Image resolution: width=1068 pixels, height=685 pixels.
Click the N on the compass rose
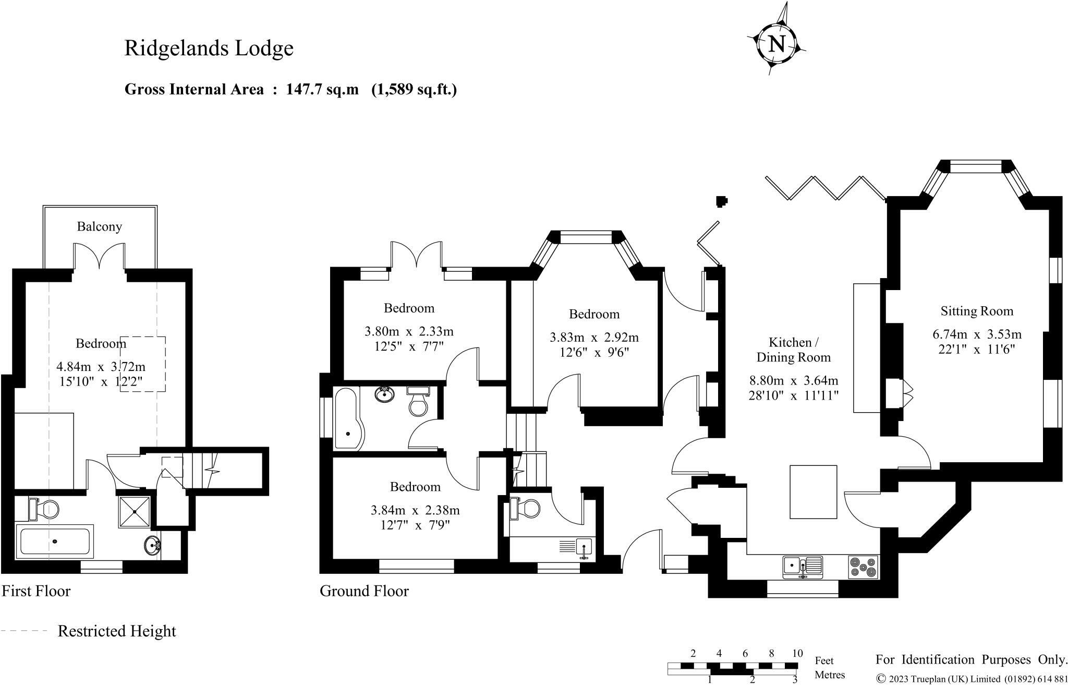[x=776, y=43]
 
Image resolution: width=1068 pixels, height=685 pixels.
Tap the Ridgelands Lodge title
[x=209, y=48]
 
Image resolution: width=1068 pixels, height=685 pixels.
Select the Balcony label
[x=99, y=226]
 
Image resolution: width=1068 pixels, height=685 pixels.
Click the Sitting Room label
[x=977, y=311]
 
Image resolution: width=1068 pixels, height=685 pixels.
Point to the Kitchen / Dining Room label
[x=793, y=350]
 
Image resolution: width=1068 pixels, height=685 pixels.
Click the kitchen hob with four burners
[x=863, y=567]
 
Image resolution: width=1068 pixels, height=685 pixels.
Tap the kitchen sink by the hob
[x=802, y=567]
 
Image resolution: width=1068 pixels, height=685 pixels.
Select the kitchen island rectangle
[x=813, y=491]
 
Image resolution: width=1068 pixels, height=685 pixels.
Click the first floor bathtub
[x=55, y=542]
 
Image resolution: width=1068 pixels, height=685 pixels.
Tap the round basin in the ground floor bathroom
[x=385, y=394]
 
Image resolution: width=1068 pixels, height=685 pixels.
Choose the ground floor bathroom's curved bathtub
[x=347, y=418]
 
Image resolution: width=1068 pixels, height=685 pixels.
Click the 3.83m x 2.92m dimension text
[x=594, y=338]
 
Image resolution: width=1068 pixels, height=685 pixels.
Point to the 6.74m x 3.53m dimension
[x=977, y=334]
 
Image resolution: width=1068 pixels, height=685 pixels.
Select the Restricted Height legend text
[x=117, y=631]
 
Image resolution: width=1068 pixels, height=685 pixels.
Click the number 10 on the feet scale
[x=797, y=653]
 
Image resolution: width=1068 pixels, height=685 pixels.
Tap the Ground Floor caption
[x=364, y=591]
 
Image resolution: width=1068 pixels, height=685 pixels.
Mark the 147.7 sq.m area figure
[x=322, y=90]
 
